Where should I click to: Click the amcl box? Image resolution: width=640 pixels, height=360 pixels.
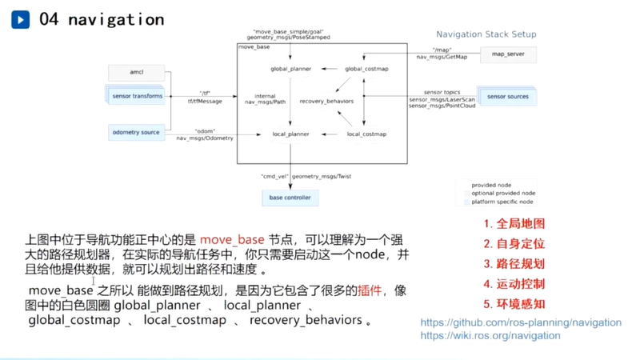[136, 74]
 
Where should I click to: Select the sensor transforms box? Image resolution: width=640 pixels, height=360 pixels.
[138, 96]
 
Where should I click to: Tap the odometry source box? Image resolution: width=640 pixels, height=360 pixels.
[137, 132]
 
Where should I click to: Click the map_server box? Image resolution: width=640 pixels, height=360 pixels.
[508, 54]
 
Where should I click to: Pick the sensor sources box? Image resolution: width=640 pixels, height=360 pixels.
[507, 96]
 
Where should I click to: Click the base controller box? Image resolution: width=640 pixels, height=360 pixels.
[290, 197]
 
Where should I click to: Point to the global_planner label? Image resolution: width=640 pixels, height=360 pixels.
[290, 69]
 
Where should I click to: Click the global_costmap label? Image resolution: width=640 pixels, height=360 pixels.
[366, 69]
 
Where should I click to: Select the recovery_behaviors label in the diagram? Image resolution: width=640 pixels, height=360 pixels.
[326, 102]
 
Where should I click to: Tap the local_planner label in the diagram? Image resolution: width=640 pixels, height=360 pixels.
[290, 134]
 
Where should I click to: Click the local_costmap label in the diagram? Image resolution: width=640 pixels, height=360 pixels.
[366, 134]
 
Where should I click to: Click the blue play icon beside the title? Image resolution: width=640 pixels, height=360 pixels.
[20, 19]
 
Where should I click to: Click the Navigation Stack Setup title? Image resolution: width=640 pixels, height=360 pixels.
[486, 34]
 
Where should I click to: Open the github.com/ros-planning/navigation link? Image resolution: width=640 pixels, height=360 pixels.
[521, 322]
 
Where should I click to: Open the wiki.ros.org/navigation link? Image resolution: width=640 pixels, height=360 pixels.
[490, 335]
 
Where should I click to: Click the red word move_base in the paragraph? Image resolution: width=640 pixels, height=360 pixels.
[231, 239]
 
